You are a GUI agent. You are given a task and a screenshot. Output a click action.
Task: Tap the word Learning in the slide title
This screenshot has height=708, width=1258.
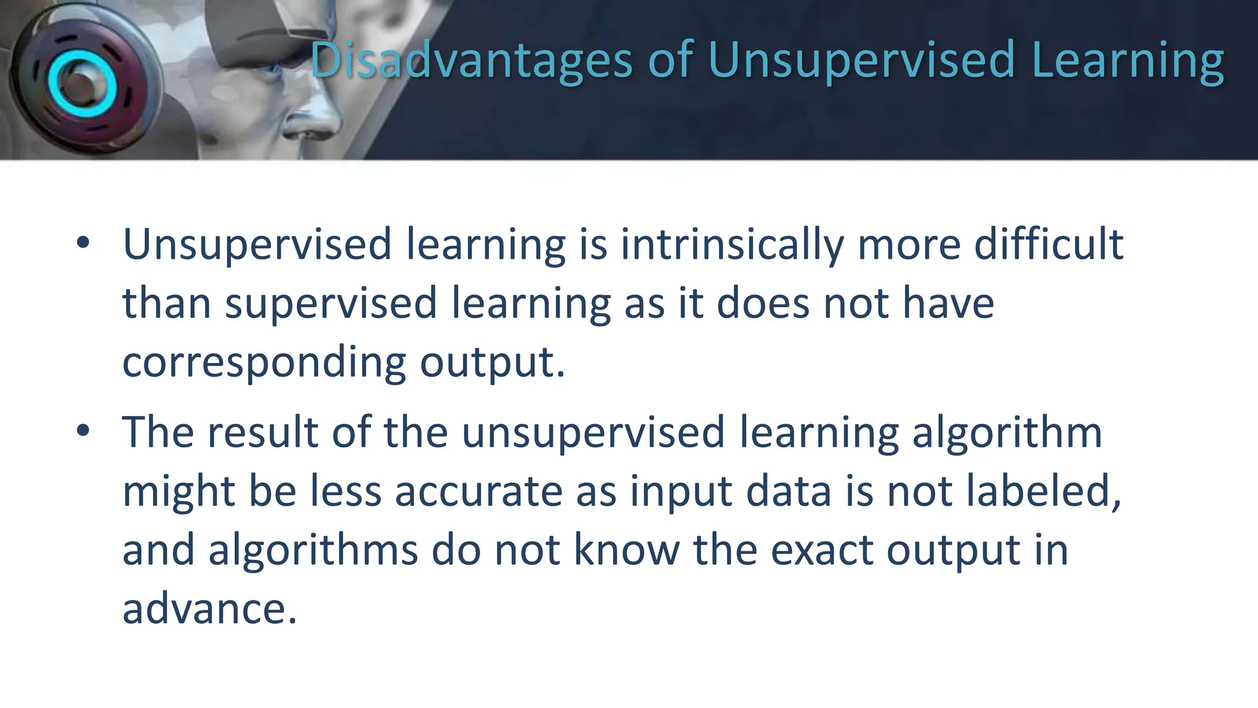[1128, 60]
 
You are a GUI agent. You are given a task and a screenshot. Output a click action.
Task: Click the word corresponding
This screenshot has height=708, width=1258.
[264, 363]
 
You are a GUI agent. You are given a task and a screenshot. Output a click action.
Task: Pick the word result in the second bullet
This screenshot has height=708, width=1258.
[264, 432]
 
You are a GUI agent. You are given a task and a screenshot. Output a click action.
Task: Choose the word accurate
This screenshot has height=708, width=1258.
[479, 491]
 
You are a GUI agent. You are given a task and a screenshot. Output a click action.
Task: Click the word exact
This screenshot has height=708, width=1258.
[822, 550]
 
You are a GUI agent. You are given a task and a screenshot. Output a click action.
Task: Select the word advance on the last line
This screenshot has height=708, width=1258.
[209, 609]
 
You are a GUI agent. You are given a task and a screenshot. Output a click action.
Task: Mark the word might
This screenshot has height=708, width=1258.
[179, 491]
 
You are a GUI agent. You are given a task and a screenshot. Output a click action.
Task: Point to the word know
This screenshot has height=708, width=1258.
[627, 550]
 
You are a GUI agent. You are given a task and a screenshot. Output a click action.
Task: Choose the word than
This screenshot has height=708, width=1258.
[167, 304]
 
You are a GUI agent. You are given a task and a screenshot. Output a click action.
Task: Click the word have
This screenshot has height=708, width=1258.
[948, 304]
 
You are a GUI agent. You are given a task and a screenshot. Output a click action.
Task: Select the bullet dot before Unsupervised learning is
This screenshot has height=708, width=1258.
[83, 243]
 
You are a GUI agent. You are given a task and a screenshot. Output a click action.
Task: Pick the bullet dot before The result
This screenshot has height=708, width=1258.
[83, 431]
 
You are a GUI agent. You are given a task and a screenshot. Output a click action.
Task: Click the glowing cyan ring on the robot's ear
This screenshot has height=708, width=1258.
[82, 84]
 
